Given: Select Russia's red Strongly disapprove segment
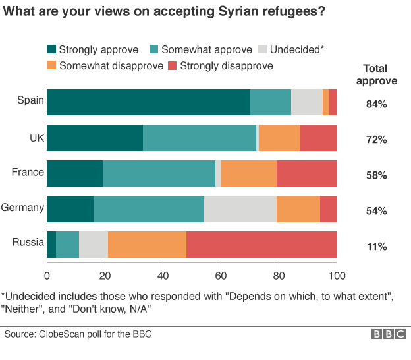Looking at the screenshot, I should tap(261, 245).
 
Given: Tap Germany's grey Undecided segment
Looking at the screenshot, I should tap(240, 209).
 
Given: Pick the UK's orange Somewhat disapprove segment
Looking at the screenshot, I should tap(279, 138).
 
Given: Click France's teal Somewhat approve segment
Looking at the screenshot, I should tap(159, 173).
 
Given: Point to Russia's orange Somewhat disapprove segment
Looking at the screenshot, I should tap(147, 245).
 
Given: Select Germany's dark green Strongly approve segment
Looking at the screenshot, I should tap(70, 209).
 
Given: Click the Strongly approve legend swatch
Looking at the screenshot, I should tap(52, 49).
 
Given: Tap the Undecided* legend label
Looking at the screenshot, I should tap(297, 49).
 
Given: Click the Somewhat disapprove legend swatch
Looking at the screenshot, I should tap(52, 65).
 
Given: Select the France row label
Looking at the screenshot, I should tap(28, 172).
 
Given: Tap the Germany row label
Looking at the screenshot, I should tap(23, 208).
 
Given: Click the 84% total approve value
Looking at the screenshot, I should tap(376, 104).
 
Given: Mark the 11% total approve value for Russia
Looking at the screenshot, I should tap(376, 247).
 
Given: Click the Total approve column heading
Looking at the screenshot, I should tap(376, 75).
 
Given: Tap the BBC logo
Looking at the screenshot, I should tap(388, 334).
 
